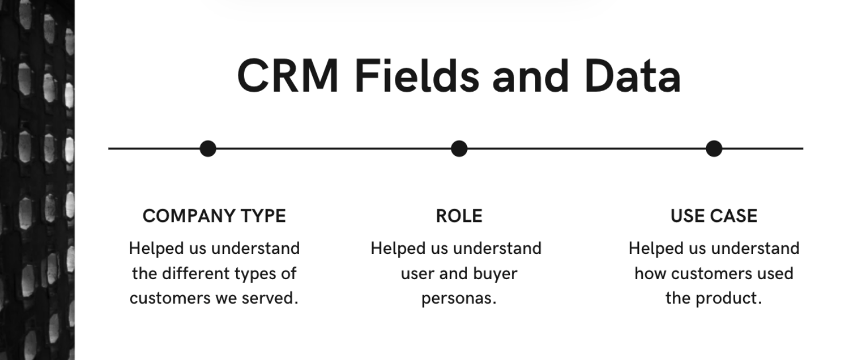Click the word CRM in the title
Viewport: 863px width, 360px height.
(288, 76)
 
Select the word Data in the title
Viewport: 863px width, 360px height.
(633, 76)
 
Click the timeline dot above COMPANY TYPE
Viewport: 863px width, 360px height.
(208, 148)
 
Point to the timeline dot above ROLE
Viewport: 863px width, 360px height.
(459, 148)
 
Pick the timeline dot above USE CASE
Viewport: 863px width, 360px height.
(714, 148)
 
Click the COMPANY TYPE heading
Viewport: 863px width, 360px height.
(214, 216)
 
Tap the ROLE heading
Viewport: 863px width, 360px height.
(459, 216)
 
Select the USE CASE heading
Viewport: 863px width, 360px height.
(714, 216)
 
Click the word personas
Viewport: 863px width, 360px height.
(459, 299)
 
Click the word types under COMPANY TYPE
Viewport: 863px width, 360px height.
(256, 273)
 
